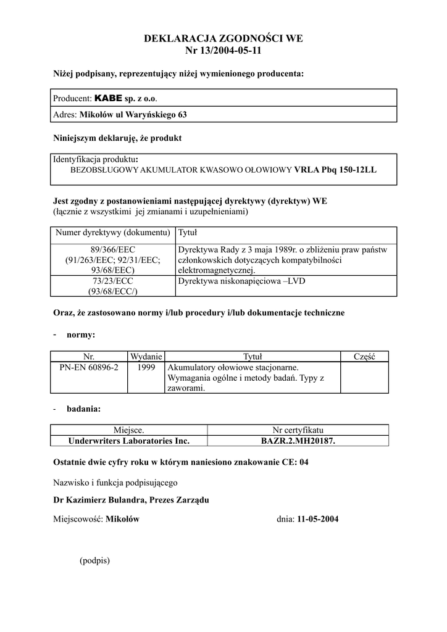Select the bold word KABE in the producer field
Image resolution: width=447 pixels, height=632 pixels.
tap(108, 98)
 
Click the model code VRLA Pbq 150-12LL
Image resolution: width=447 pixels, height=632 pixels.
tap(335, 168)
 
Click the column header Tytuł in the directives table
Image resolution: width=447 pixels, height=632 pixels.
tap(187, 233)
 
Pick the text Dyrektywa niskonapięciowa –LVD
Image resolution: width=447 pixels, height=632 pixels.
tap(241, 281)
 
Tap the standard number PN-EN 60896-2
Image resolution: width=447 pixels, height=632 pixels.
tap(89, 367)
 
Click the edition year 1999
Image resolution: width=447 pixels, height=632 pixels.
tap(145, 367)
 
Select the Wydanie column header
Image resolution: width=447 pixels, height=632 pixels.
tap(146, 356)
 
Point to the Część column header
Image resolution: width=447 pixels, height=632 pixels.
tap(365, 356)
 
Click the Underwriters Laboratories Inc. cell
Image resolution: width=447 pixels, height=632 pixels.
tap(128, 441)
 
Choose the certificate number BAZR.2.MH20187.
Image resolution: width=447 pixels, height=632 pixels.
tap(298, 441)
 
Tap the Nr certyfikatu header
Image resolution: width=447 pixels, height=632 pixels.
tap(298, 430)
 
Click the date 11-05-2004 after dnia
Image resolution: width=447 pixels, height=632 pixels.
tap(317, 519)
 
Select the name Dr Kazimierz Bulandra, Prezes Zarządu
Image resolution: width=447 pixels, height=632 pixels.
tap(132, 500)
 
